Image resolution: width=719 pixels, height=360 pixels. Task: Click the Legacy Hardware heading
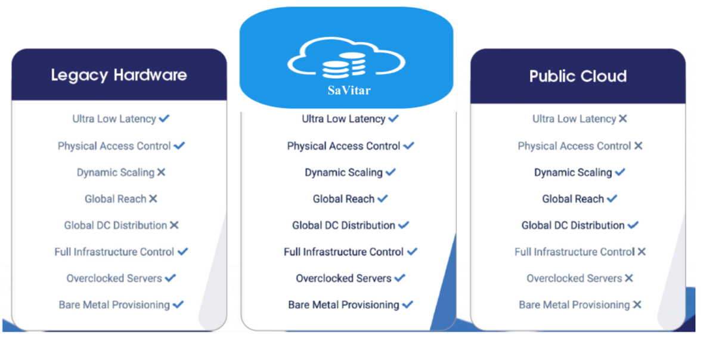(x=119, y=75)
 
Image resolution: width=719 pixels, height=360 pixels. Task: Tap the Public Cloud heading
(x=578, y=76)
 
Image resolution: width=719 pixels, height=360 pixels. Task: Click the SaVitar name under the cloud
(x=349, y=91)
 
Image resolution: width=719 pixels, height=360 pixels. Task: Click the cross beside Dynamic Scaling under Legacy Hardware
(x=161, y=172)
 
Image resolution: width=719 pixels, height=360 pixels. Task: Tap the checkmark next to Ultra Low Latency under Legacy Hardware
(x=165, y=119)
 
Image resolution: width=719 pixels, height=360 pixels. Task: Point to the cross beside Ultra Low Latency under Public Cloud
(x=623, y=119)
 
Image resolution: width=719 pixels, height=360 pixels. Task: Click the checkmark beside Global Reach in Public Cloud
(x=612, y=198)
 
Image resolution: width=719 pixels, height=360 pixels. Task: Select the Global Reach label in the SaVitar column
(x=343, y=199)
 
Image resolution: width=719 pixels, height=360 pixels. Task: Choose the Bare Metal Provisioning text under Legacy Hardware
(x=114, y=305)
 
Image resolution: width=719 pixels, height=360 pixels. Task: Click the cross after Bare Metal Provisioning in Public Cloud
(x=637, y=305)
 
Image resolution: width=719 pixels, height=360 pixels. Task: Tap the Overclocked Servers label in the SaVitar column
(x=343, y=278)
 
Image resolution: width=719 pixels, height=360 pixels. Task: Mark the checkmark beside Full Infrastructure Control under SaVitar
(x=412, y=252)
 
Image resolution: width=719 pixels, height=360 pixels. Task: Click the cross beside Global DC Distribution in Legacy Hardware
(x=174, y=225)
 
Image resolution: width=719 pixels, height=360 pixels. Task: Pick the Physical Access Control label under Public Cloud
(x=574, y=146)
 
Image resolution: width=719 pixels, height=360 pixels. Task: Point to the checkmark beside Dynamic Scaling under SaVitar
(x=391, y=172)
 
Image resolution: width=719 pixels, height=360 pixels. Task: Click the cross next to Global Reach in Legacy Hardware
(x=153, y=198)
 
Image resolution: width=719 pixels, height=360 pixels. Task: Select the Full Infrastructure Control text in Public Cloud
(x=574, y=252)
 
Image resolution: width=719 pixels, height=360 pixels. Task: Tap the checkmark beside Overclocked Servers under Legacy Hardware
(x=171, y=278)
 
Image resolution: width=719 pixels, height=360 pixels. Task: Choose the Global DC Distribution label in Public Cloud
(x=573, y=225)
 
